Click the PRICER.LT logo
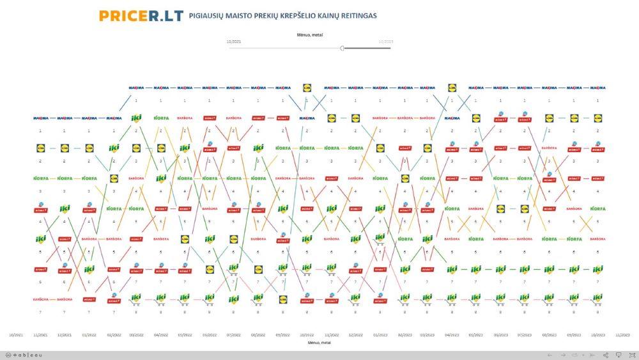point(141,15)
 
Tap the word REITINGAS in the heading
point(355,15)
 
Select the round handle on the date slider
point(343,48)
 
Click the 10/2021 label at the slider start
point(235,41)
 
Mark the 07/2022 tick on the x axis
point(234,334)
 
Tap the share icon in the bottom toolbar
point(606,355)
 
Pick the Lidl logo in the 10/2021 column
point(40,148)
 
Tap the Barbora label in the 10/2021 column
point(40,299)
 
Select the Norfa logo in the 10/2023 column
point(597,208)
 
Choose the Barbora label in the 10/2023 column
point(597,239)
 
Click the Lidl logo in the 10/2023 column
point(597,118)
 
